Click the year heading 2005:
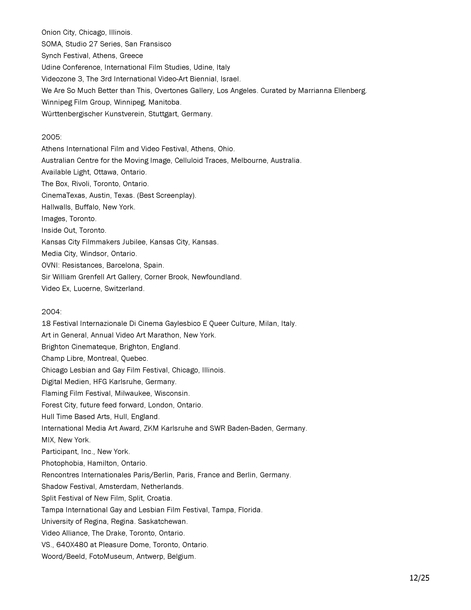coord(51,137)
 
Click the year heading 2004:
coord(51,312)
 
